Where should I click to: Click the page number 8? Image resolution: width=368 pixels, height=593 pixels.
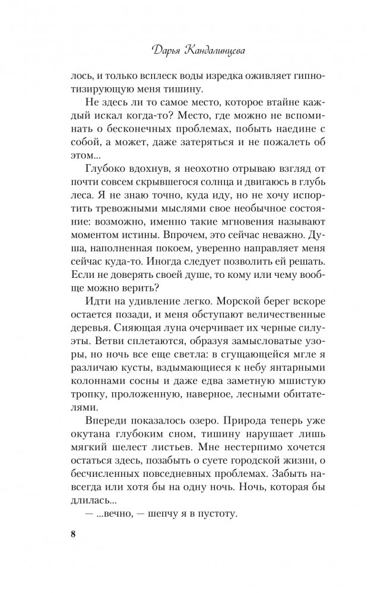click(74, 533)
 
